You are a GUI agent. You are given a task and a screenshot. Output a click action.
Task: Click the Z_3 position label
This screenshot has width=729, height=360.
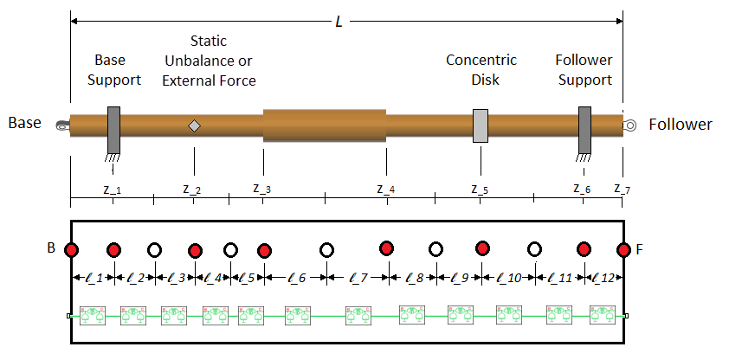coord(261,188)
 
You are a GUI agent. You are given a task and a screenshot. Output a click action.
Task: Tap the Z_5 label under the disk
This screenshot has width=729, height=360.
coord(480,189)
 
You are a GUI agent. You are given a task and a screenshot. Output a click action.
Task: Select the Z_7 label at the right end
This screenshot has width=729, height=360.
coord(623,189)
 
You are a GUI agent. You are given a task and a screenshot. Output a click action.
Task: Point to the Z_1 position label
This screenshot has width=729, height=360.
coord(113,189)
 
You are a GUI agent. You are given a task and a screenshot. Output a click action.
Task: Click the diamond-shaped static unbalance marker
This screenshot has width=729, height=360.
coord(195,125)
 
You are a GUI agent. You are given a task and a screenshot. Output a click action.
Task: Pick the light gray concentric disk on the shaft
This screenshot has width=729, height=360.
coord(481,126)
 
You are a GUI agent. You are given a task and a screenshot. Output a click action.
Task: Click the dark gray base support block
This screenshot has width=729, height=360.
coord(113,129)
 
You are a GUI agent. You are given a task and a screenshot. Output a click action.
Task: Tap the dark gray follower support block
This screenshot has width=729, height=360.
coord(584,129)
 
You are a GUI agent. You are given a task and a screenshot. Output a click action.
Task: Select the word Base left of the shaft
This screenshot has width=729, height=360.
coord(25,124)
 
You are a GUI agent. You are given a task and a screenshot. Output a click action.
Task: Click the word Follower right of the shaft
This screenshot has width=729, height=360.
coord(681,125)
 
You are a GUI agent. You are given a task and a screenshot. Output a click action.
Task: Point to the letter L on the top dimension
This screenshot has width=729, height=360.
coord(339,22)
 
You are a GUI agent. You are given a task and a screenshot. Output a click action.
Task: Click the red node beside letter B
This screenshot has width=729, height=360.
coord(72,250)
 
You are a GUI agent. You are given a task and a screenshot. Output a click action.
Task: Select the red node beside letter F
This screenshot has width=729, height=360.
coord(623,250)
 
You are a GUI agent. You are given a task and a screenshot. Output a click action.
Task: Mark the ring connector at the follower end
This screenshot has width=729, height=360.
coord(631,125)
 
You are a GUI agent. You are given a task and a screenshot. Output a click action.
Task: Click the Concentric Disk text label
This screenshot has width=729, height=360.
coord(481,69)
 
